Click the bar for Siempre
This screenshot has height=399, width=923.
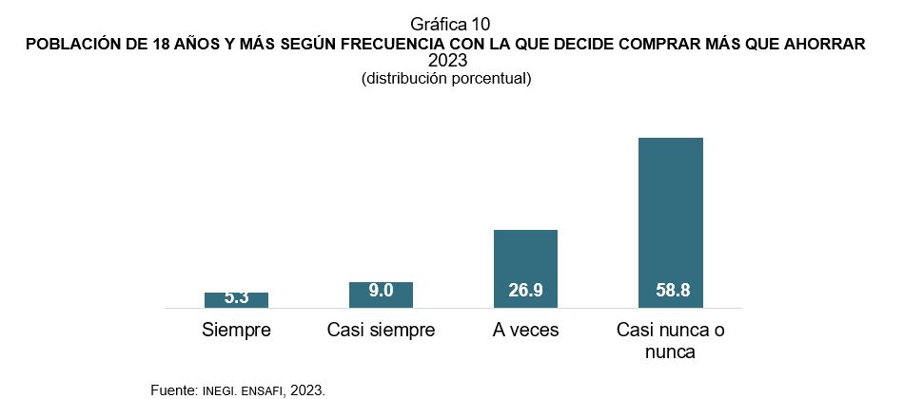pos(236,300)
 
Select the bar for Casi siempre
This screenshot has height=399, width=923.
pos(381,294)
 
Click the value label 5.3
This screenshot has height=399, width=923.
pos(236,297)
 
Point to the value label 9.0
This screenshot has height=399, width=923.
pos(381,292)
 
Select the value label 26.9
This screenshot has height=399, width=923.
pos(525,292)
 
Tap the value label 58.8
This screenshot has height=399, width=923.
pos(670,292)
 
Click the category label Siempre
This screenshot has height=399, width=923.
pos(237,331)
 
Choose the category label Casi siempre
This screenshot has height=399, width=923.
pos(381,331)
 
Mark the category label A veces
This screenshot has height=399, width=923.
pos(525,331)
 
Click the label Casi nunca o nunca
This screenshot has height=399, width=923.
pos(670,341)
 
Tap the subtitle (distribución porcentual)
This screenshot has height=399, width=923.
pos(445,79)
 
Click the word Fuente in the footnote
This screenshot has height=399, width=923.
pos(173,389)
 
